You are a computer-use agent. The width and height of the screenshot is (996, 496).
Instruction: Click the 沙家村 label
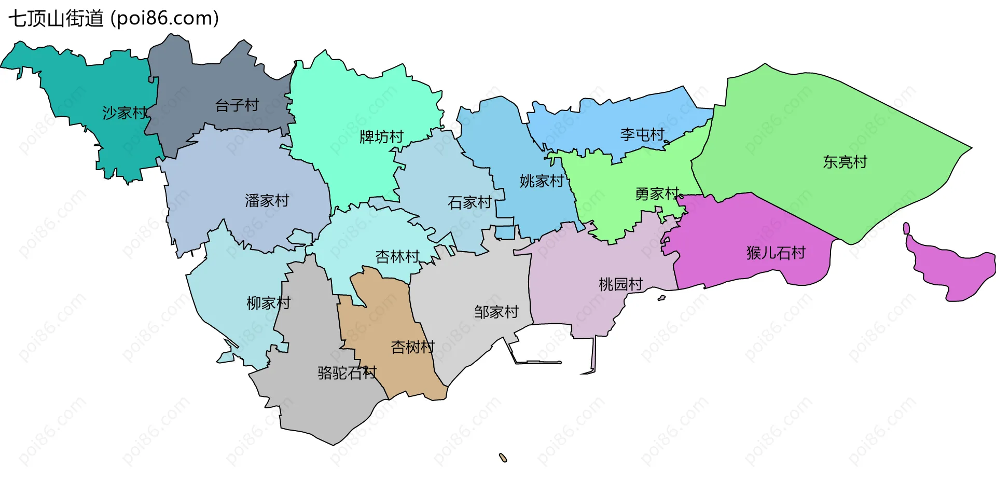125,113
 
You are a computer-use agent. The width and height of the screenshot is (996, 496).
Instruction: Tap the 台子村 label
237,105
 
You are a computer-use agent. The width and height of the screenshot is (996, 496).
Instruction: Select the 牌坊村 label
381,137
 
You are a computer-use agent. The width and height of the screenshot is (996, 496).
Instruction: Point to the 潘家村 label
267,201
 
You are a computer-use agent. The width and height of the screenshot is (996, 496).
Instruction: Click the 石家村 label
469,202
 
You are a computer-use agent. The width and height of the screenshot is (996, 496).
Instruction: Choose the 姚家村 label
542,181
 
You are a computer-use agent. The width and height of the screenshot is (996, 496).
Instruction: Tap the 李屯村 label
642,135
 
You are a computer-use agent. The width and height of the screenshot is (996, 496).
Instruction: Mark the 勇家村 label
657,194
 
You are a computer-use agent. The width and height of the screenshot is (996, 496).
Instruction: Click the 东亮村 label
845,162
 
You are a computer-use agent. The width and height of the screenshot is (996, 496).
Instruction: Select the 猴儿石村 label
776,253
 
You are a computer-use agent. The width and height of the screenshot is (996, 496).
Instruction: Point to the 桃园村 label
620,284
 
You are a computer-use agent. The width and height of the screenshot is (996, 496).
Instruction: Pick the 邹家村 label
496,312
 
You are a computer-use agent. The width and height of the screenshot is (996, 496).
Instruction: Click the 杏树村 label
412,347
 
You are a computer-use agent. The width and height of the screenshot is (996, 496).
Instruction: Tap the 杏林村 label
397,257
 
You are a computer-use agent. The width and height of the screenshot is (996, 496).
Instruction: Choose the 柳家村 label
268,303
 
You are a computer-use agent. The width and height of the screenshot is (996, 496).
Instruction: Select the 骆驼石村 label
347,373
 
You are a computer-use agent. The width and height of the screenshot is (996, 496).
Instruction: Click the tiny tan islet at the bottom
503,458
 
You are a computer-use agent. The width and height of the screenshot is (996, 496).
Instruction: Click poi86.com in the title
165,19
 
